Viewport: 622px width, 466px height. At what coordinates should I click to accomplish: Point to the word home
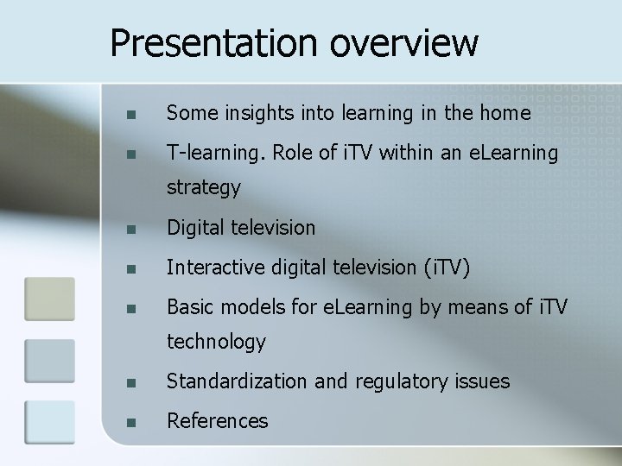coord(509,113)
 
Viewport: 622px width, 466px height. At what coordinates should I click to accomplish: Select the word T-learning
coord(216,154)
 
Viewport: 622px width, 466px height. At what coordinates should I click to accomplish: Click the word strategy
coord(203,187)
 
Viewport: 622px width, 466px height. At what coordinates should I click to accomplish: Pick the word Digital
coord(194,228)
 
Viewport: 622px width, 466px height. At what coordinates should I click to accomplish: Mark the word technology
coord(216,342)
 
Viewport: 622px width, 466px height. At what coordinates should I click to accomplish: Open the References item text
coord(217,420)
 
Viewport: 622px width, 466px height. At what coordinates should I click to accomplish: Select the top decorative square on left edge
coord(50,299)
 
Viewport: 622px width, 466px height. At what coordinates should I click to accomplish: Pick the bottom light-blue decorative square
coord(50,422)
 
